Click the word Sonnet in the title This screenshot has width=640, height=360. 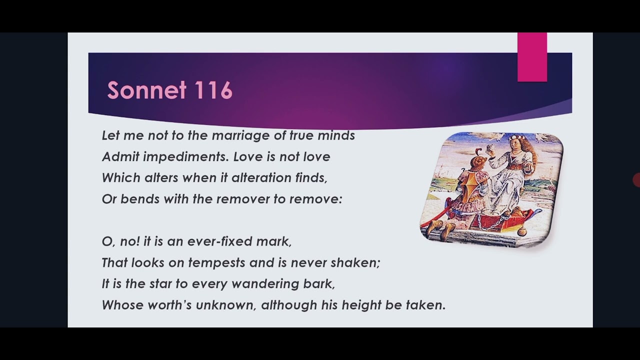pos(147,90)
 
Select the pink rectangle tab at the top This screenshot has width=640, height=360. pos(532,57)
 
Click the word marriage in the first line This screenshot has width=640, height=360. pos(241,135)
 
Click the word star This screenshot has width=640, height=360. pos(161,284)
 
